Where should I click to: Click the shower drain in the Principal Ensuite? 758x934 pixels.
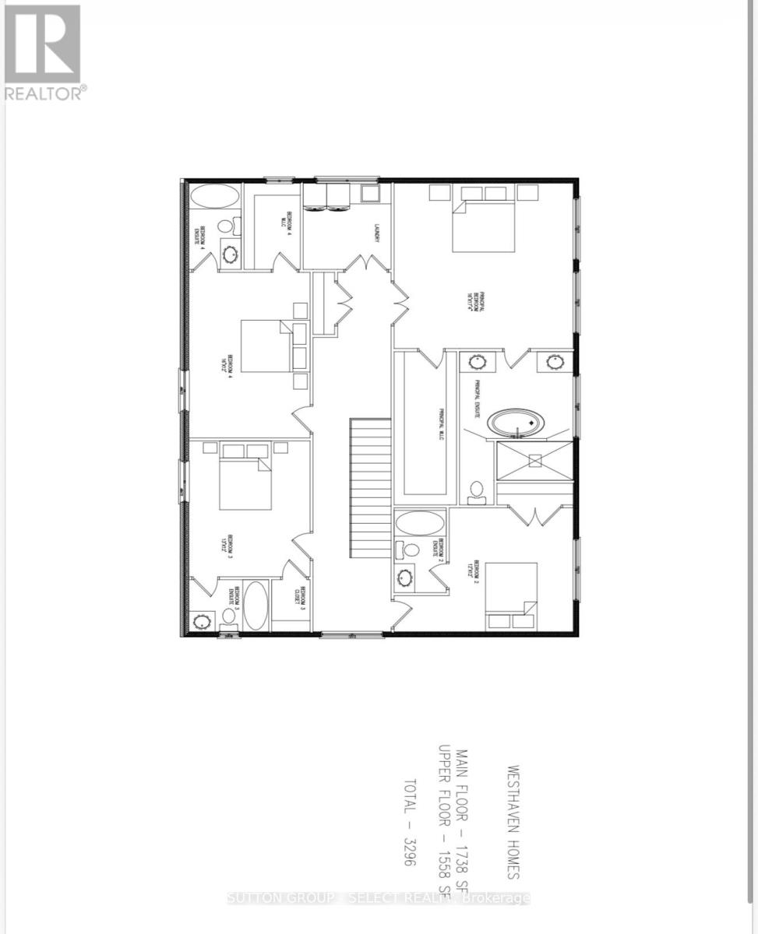pos(534,460)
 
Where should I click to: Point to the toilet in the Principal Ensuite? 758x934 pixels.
pos(476,490)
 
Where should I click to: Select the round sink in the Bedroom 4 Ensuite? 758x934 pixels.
pos(232,253)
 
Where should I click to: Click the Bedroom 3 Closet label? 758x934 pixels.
pos(301,599)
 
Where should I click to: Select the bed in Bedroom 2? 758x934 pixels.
pos(511,595)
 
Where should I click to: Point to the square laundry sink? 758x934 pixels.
pos(369,194)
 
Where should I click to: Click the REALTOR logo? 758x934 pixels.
pos(44,51)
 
